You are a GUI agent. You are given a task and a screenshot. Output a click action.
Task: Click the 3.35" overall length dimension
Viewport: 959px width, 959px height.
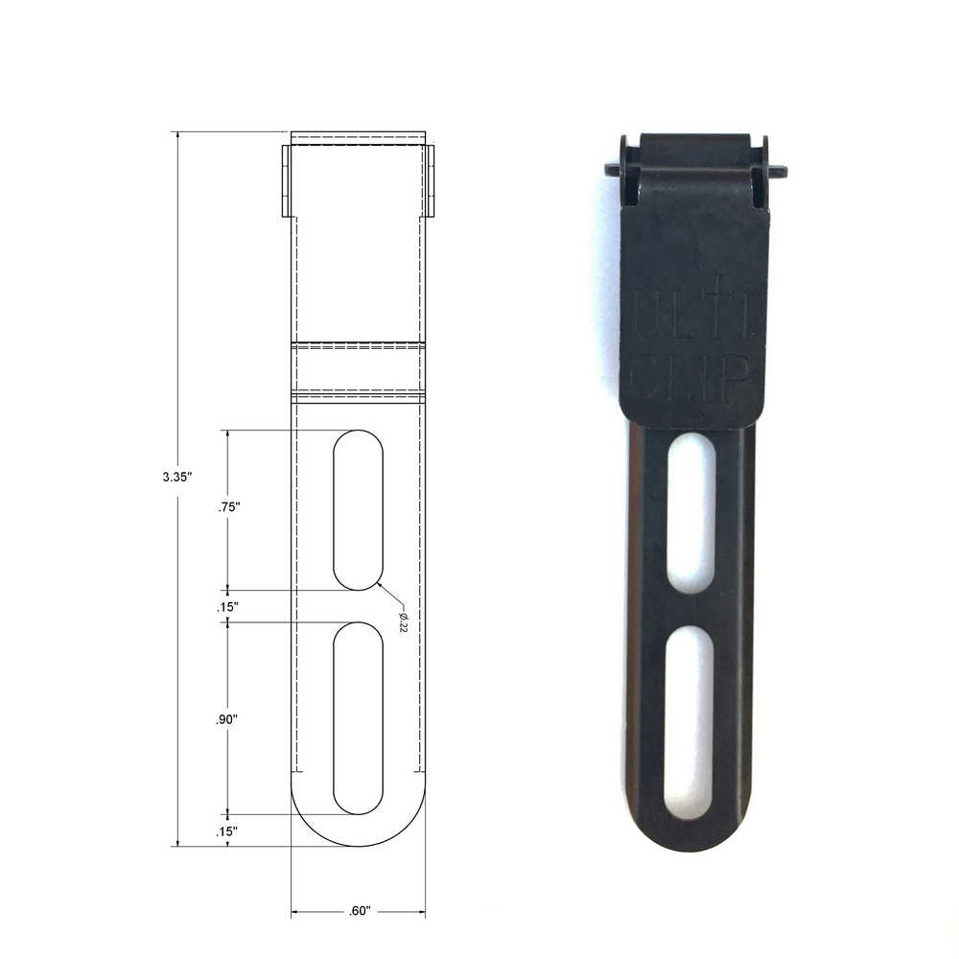177,476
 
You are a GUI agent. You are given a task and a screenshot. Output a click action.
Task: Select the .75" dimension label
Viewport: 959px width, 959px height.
227,509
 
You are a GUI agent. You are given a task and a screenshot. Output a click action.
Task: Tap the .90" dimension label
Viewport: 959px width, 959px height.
227,719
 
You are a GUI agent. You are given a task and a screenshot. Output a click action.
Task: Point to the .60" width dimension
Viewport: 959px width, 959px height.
359,911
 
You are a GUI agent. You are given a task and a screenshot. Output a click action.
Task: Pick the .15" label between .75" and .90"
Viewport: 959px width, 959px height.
227,607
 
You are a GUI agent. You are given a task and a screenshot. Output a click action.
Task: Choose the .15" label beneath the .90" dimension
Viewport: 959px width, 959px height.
227,832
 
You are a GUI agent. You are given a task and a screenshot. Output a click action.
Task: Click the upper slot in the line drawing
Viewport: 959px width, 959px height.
358,509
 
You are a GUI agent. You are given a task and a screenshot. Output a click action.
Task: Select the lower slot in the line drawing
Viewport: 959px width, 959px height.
358,718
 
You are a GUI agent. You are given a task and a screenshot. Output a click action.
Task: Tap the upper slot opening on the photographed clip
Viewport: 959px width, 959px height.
691,512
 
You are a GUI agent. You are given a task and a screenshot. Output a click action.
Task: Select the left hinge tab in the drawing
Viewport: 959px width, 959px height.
286,180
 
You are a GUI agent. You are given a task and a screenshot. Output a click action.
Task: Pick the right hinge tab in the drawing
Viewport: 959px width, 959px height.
430,180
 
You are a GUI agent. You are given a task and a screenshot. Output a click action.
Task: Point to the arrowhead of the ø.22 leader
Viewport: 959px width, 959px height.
380,582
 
